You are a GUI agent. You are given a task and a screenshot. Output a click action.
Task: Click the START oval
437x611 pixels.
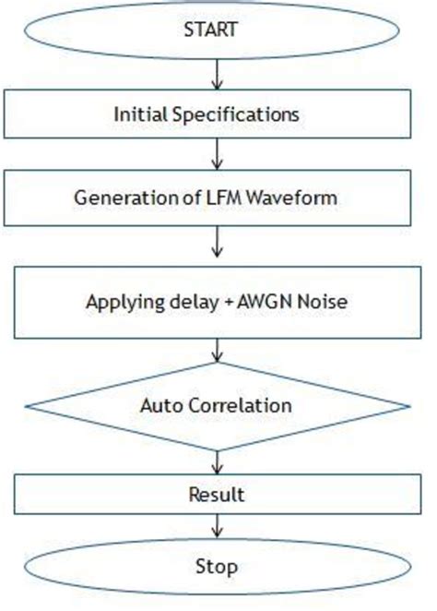pyautogui.click(x=217, y=30)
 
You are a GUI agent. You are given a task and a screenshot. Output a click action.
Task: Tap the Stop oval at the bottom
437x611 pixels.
pyautogui.click(x=218, y=566)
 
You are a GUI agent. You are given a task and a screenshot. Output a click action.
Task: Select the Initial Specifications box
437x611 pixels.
pyautogui.click(x=218, y=114)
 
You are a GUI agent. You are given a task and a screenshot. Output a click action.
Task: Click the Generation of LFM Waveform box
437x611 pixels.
pyautogui.click(x=218, y=197)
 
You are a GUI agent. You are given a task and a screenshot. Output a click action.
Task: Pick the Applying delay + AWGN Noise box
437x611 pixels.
pyautogui.click(x=218, y=303)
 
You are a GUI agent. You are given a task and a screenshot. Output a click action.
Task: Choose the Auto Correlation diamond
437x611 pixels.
pyautogui.click(x=218, y=405)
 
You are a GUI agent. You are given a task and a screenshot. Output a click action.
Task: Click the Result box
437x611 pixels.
pyautogui.click(x=218, y=495)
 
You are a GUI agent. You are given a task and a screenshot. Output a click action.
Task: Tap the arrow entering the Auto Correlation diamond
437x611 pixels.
pyautogui.click(x=218, y=351)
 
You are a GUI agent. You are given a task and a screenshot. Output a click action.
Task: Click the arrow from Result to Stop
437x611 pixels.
pyautogui.click(x=218, y=526)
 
